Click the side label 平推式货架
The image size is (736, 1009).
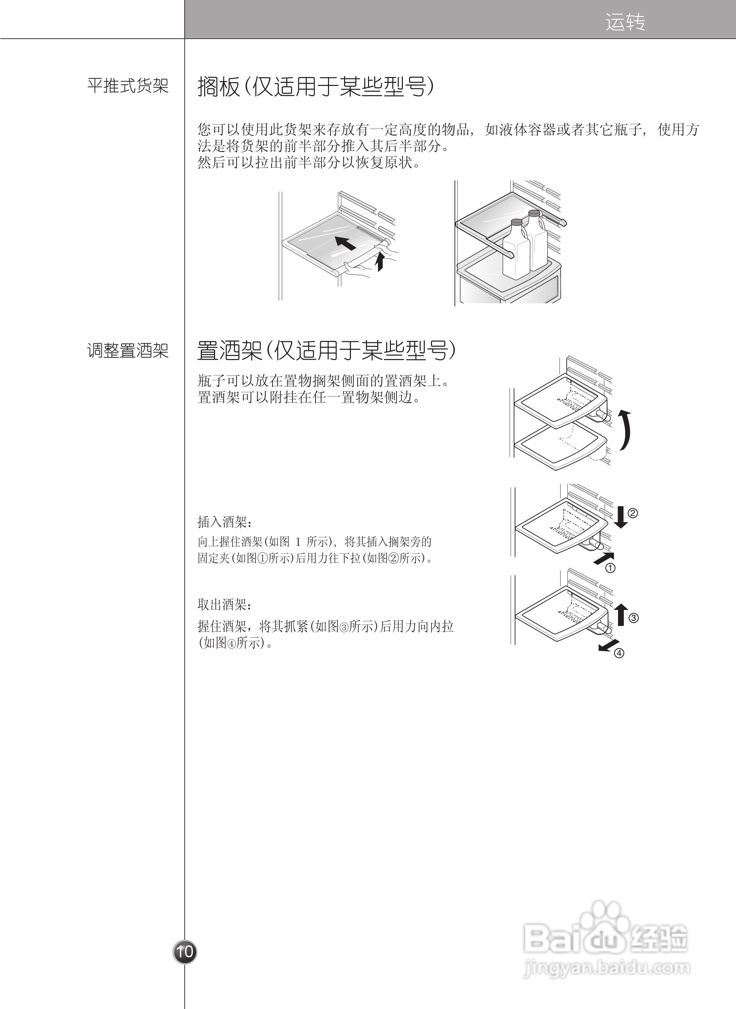(128, 86)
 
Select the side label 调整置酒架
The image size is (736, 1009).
(128, 351)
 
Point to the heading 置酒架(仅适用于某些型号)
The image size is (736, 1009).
(327, 351)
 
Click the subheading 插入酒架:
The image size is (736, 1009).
(225, 521)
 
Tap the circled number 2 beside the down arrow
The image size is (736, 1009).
(633, 513)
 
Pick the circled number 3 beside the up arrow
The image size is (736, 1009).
(633, 618)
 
